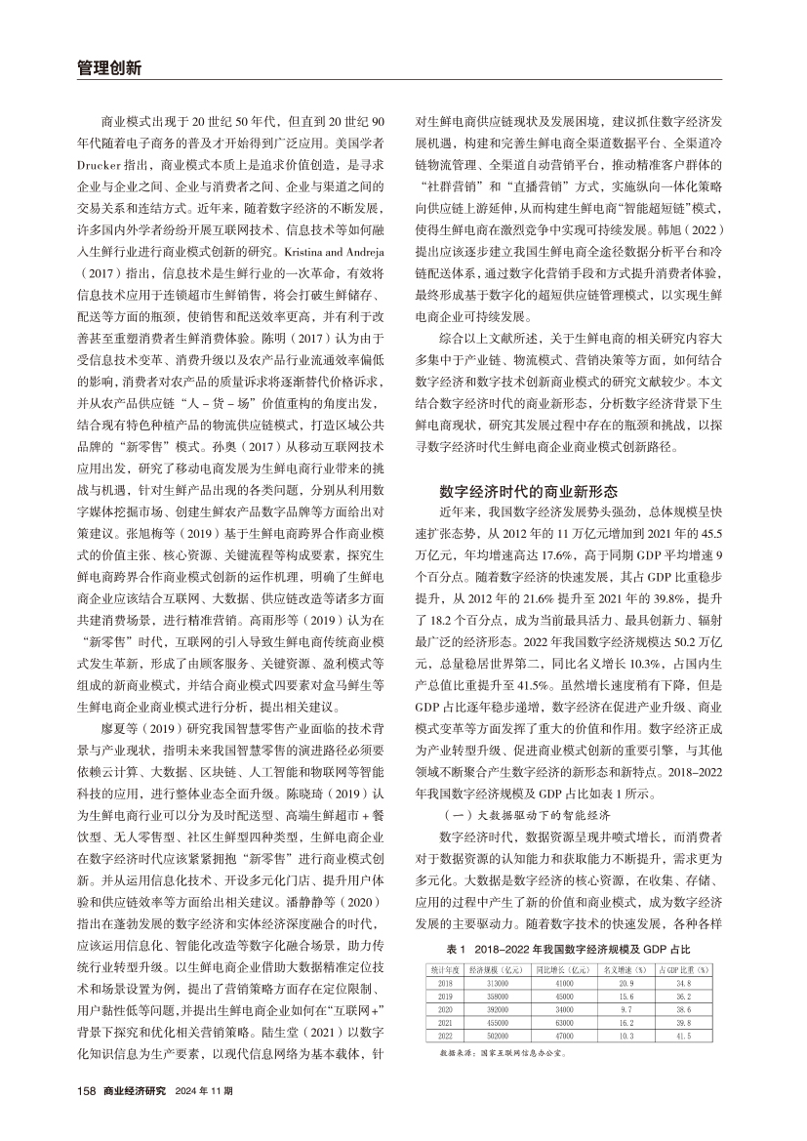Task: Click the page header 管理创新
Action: pos(108,68)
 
